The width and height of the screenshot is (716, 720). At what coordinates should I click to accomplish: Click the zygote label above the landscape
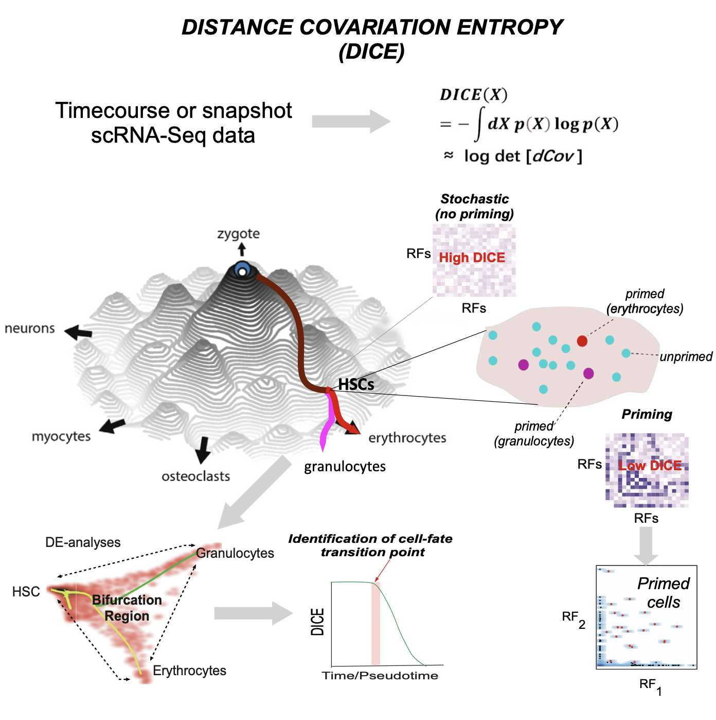(238, 233)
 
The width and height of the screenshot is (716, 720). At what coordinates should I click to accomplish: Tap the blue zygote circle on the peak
(242, 270)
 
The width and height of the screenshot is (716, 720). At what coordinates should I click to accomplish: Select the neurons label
(30, 329)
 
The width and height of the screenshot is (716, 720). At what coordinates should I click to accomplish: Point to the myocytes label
(61, 437)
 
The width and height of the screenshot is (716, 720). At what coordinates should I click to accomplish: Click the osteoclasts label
(195, 476)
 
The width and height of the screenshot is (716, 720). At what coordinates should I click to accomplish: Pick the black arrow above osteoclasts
(203, 449)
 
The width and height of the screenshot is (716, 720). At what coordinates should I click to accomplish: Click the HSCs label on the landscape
(356, 384)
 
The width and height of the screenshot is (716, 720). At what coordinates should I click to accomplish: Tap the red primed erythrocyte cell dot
(582, 341)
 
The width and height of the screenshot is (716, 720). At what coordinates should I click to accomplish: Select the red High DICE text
(472, 258)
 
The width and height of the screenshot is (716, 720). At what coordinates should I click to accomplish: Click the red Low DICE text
(650, 466)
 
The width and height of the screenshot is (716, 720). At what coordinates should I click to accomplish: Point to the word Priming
(647, 415)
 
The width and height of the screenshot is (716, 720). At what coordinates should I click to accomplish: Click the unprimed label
(686, 356)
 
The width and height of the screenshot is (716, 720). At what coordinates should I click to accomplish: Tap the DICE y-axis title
(318, 622)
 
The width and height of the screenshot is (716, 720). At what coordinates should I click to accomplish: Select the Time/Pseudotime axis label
(380, 676)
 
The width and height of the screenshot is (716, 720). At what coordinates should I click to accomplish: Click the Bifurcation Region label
(127, 608)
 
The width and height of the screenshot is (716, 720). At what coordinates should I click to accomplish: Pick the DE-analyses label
(83, 542)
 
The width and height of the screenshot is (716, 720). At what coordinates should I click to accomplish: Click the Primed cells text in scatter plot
(663, 593)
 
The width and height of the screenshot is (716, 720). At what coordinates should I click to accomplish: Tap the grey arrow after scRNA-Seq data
(351, 122)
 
